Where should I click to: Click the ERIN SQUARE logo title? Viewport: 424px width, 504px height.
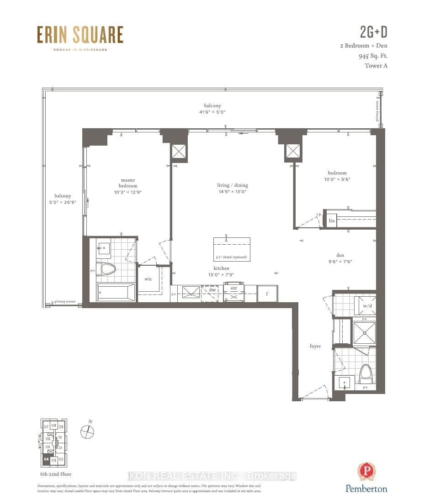point(80,36)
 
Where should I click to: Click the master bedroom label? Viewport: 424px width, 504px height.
point(128,183)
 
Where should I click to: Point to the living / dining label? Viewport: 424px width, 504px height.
point(232,185)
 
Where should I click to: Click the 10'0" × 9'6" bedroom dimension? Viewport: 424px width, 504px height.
point(337,179)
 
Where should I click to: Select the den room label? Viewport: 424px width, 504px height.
point(339,255)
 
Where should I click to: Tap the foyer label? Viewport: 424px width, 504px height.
point(315,346)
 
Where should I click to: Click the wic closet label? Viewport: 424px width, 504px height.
point(148,279)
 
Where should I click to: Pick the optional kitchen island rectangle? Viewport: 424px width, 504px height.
point(232,249)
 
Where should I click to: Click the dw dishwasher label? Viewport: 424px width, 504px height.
point(212,289)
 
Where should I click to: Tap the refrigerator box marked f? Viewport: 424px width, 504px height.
point(267,294)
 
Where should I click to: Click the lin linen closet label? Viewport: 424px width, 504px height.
point(332,220)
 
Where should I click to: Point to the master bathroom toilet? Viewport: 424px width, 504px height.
point(108,269)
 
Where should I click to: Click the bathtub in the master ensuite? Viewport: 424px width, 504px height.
point(116,292)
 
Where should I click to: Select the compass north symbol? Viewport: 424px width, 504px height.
point(87,431)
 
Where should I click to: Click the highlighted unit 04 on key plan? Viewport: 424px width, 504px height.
point(46,460)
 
